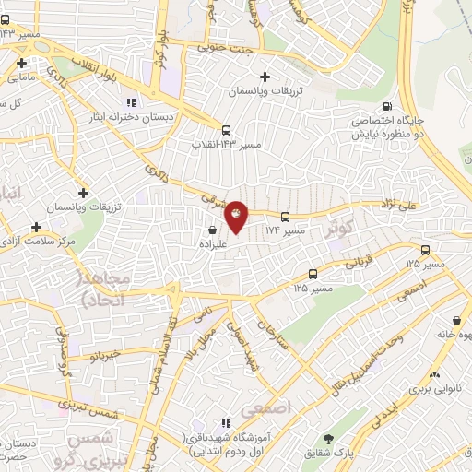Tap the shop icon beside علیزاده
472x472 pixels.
coord(213,230)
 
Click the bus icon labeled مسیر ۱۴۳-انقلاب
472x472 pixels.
coord(226,129)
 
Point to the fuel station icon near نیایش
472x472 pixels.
coord(385,105)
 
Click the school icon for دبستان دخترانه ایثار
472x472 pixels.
coord(130,101)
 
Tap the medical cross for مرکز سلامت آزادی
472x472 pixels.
coord(37,226)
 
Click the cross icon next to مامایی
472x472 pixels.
coord(21,64)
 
